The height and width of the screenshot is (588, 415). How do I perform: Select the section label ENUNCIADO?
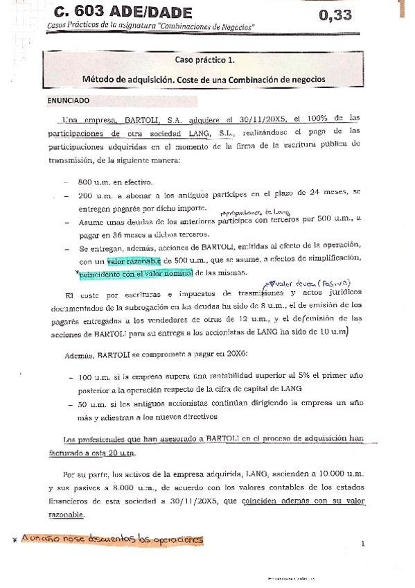point(68,100)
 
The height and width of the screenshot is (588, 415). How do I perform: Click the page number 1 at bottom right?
point(362,544)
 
